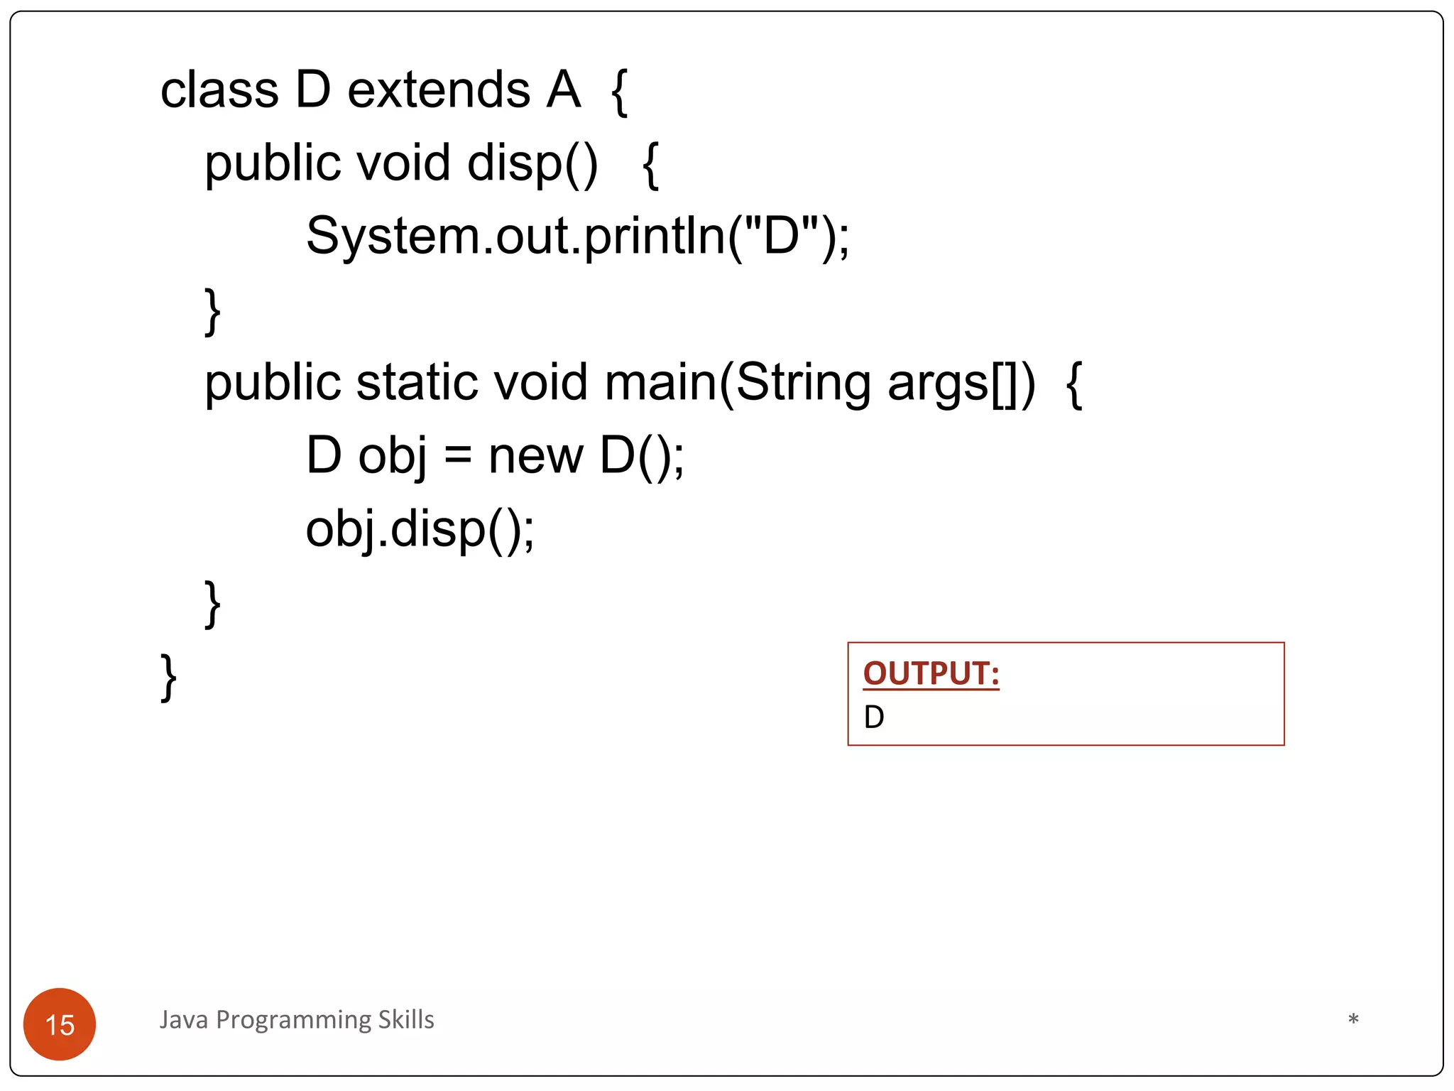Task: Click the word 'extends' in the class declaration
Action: point(438,90)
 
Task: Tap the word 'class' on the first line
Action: point(219,90)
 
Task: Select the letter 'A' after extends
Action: point(564,90)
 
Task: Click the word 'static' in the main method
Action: point(417,383)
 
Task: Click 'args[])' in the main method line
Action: point(961,384)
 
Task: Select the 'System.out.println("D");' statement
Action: point(577,237)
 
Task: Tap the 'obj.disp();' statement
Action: point(420,530)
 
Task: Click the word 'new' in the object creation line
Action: point(536,456)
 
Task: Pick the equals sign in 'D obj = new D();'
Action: point(458,456)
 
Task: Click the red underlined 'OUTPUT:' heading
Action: point(931,673)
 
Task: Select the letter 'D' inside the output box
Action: point(874,717)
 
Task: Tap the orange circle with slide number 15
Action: point(60,1024)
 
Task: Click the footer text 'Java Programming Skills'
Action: point(297,1020)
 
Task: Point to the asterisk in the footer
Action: point(1353,1020)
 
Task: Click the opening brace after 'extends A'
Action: point(619,92)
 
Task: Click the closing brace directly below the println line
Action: point(212,311)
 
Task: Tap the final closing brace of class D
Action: point(168,678)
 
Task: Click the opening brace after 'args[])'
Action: point(1074,384)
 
